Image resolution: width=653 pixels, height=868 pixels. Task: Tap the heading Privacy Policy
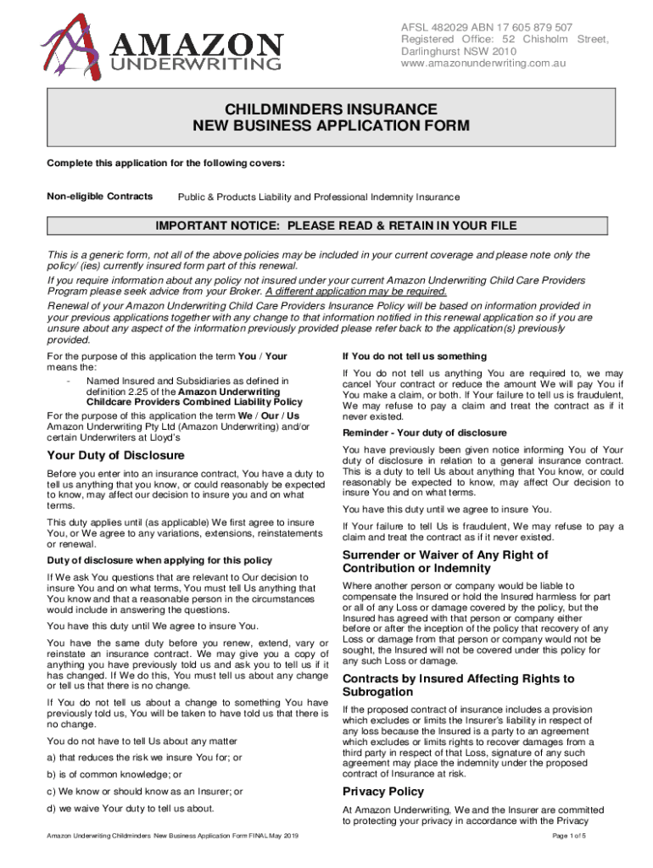[x=382, y=791]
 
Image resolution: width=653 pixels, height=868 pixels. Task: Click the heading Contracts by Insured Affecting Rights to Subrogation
[x=458, y=685]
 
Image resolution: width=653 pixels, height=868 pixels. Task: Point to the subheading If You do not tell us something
[x=414, y=356]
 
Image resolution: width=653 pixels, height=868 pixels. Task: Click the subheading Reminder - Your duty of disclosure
[x=425, y=432]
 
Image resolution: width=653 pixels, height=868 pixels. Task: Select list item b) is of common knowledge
[x=114, y=774]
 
